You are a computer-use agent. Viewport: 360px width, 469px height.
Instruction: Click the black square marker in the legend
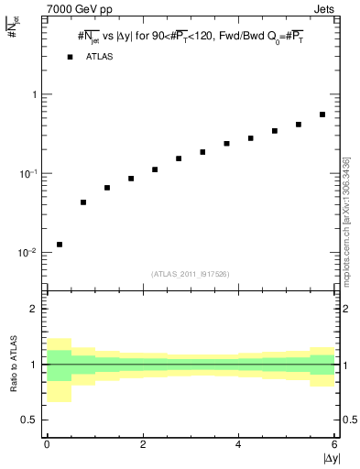tap(71, 57)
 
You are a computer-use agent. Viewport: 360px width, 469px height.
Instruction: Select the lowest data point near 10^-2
tap(60, 245)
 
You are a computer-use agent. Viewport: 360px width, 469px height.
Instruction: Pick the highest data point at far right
tap(322, 115)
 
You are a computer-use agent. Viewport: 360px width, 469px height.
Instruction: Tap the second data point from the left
tap(83, 202)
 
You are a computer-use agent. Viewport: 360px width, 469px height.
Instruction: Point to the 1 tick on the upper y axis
tap(33, 94)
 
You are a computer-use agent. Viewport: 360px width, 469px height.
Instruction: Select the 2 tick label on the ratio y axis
tap(34, 309)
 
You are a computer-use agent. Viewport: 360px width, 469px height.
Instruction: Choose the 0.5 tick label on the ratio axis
tap(29, 420)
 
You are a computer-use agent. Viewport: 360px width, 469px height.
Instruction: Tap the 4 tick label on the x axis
tap(239, 445)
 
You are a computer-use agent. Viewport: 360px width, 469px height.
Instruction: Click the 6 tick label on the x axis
tap(334, 445)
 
